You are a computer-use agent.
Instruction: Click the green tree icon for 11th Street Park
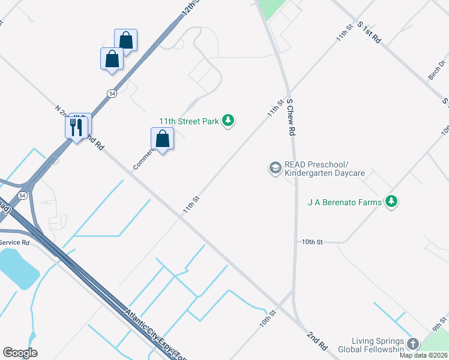[228, 121]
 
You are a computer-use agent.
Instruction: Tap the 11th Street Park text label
[188, 121]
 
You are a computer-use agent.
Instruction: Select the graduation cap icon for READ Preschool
[275, 167]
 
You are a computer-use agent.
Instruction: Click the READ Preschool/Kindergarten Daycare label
[324, 169]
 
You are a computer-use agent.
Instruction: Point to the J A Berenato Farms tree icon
[391, 202]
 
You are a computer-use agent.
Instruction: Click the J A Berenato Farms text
[345, 202]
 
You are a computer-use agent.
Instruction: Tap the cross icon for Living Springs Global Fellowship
[412, 344]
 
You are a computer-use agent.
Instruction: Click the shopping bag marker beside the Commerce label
[162, 139]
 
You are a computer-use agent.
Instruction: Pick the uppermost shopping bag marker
[126, 40]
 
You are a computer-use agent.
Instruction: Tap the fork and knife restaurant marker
[76, 127]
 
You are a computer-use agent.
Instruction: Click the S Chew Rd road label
[291, 117]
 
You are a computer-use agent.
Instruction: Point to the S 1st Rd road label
[369, 32]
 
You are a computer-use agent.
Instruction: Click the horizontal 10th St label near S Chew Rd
[312, 241]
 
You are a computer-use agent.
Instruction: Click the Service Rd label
[14, 242]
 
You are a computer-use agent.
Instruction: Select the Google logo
[20, 353]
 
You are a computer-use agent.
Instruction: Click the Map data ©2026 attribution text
[423, 355]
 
